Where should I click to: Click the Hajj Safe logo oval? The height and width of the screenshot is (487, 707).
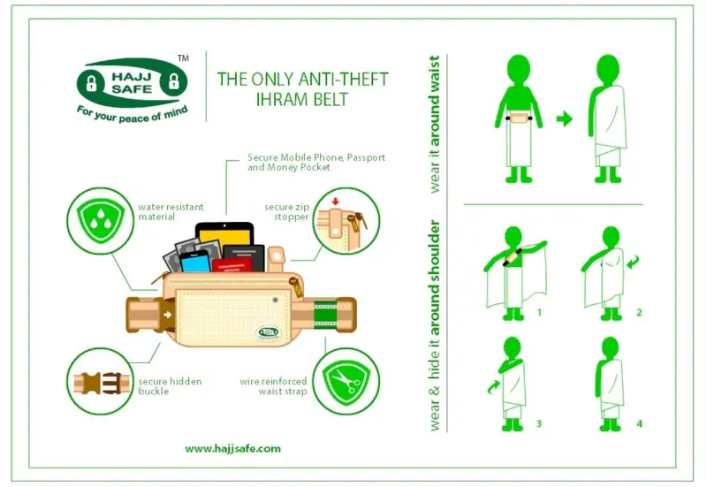[132, 82]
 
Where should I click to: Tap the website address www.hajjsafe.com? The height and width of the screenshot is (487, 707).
[232, 449]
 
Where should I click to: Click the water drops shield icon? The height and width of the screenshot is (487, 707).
[101, 220]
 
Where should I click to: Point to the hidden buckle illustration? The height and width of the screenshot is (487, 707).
[101, 383]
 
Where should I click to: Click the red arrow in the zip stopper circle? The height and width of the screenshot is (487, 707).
[335, 202]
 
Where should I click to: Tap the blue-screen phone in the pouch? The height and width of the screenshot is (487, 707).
[195, 262]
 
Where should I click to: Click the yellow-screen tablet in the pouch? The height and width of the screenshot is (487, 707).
[224, 239]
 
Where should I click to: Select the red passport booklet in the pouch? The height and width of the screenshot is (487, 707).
[232, 264]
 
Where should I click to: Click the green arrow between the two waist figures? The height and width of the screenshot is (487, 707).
[564, 119]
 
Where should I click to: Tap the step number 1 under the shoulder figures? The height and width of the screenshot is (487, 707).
[539, 312]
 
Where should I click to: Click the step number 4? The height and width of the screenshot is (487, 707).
[639, 424]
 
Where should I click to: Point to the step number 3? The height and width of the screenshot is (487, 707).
[539, 424]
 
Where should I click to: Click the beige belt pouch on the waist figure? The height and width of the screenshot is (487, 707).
[519, 118]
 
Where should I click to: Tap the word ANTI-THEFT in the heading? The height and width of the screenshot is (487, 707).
[344, 80]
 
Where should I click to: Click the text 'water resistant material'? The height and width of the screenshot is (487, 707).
[171, 212]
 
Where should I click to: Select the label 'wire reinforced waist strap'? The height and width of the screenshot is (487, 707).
[273, 386]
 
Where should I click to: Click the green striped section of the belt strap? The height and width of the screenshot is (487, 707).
[325, 315]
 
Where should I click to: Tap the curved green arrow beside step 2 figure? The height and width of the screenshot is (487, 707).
[633, 261]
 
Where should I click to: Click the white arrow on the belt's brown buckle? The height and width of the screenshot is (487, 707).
[168, 315]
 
